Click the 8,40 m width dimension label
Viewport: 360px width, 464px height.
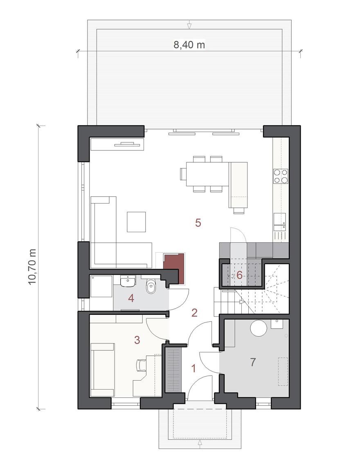click(189, 45)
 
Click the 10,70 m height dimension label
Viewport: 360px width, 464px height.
click(32, 267)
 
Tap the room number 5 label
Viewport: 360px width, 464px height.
click(198, 223)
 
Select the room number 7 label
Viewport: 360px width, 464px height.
click(253, 362)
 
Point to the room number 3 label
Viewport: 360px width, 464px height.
click(137, 340)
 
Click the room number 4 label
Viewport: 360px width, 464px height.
click(131, 298)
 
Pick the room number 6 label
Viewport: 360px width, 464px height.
click(239, 276)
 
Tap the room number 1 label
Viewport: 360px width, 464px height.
click(193, 368)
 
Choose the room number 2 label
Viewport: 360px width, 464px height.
click(194, 313)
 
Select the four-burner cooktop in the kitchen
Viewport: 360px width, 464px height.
click(281, 176)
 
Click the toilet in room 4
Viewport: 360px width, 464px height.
click(151, 287)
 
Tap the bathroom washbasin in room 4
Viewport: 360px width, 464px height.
click(128, 281)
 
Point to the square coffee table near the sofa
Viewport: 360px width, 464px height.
click(137, 222)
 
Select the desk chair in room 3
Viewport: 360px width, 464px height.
click(142, 365)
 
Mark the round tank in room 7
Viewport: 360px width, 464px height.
click(259, 328)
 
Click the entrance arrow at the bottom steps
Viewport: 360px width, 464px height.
click(200, 442)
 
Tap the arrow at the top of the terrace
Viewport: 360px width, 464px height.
click(189, 25)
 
